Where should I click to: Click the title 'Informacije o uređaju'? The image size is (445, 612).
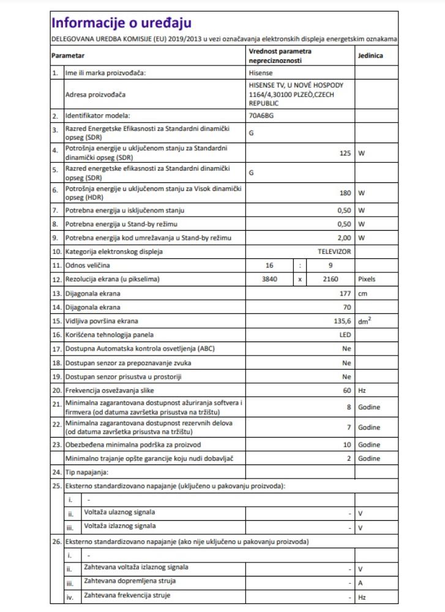click(121, 23)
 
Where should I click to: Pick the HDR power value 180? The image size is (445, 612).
click(345, 193)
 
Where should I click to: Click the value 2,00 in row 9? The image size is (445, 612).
click(343, 237)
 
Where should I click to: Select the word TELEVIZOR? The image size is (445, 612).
click(334, 252)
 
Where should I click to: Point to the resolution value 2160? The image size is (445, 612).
click(331, 279)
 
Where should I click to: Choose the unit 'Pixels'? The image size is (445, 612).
click(368, 279)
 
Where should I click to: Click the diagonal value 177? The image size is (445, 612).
click(345, 293)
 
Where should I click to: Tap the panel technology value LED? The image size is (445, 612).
click(345, 335)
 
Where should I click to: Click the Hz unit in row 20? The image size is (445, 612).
click(362, 390)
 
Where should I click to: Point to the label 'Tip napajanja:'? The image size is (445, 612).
click(87, 472)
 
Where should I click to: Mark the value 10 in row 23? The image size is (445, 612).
click(347, 445)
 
